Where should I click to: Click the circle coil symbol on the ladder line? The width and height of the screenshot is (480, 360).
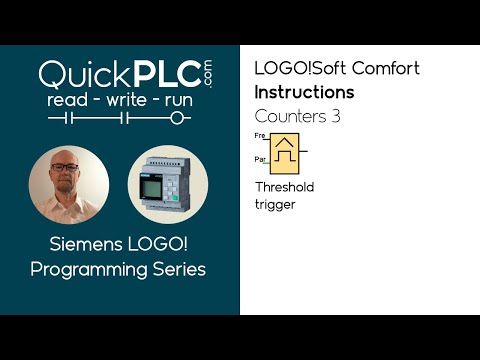click(179, 119)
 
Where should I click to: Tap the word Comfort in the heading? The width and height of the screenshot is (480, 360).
click(384, 69)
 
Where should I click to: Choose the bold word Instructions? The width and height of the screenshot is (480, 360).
click(305, 93)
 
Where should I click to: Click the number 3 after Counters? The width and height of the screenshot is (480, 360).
click(336, 116)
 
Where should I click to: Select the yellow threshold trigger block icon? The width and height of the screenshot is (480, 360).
click(287, 151)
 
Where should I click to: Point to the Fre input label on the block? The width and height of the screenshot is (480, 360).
click(260, 135)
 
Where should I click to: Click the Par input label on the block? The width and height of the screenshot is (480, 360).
click(260, 158)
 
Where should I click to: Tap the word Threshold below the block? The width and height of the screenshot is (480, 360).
click(284, 187)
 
